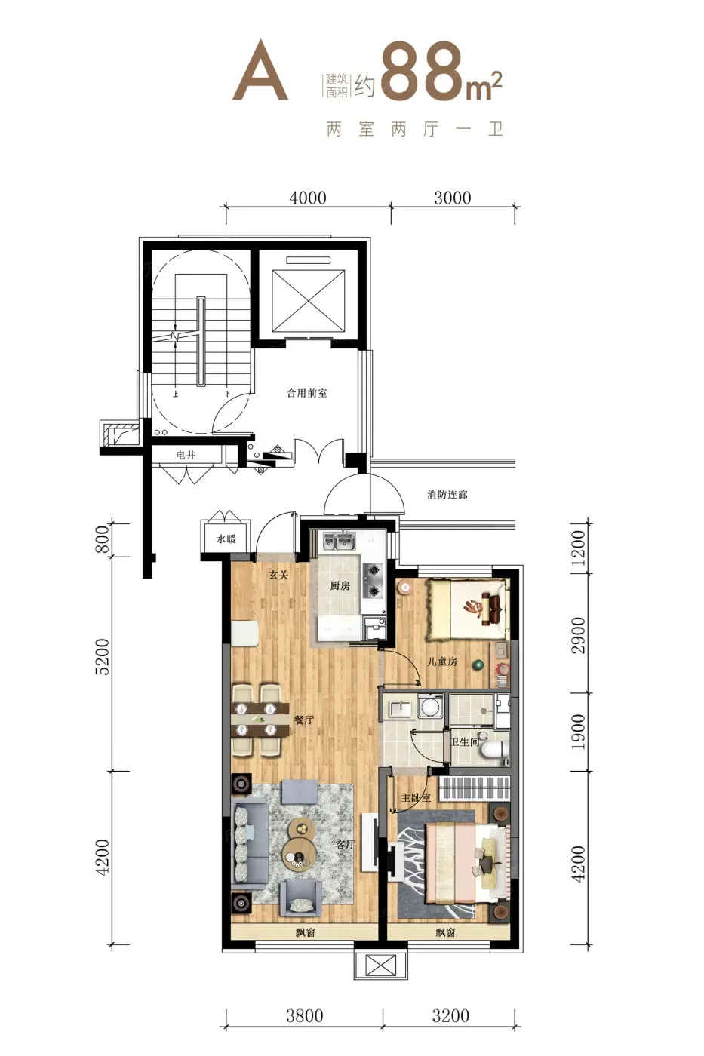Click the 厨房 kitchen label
click(x=340, y=586)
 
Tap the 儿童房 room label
click(x=442, y=662)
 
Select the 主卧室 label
click(x=416, y=798)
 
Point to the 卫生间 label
click(x=465, y=741)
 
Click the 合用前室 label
click(x=306, y=393)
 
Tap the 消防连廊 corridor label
click(x=447, y=495)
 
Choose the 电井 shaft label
click(x=186, y=455)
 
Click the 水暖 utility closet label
click(x=226, y=539)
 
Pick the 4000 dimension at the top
click(x=307, y=198)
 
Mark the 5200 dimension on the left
click(x=102, y=657)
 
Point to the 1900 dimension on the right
click(x=578, y=732)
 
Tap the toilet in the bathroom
click(x=496, y=747)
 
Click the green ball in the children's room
click(x=478, y=665)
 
